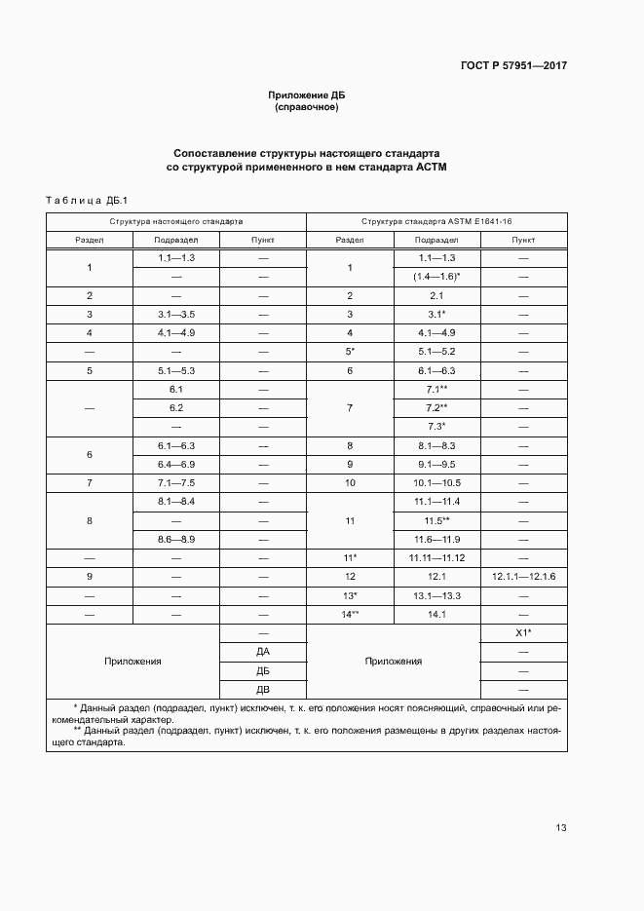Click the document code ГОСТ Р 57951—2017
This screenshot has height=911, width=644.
tap(512, 66)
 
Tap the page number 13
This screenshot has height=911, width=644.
tap(561, 828)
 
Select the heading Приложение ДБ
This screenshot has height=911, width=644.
tap(307, 95)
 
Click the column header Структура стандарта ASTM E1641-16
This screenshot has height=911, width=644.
tap(436, 221)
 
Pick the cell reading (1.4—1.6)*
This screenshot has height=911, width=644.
tap(436, 277)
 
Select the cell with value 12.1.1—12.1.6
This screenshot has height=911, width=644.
tap(523, 577)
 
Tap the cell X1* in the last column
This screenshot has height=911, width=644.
tap(523, 632)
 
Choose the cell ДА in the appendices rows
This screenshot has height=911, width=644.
tap(263, 651)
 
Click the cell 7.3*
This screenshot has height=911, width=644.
tap(436, 426)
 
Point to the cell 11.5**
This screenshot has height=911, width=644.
tap(436, 520)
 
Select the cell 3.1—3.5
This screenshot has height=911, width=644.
tap(176, 314)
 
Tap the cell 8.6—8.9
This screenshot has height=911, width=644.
tap(176, 539)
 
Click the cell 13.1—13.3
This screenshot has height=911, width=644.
tap(436, 595)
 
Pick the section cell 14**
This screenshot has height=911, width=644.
tap(350, 614)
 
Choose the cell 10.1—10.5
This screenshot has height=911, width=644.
tap(436, 482)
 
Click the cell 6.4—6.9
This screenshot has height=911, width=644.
tap(176, 464)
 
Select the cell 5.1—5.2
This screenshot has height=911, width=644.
tap(436, 351)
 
